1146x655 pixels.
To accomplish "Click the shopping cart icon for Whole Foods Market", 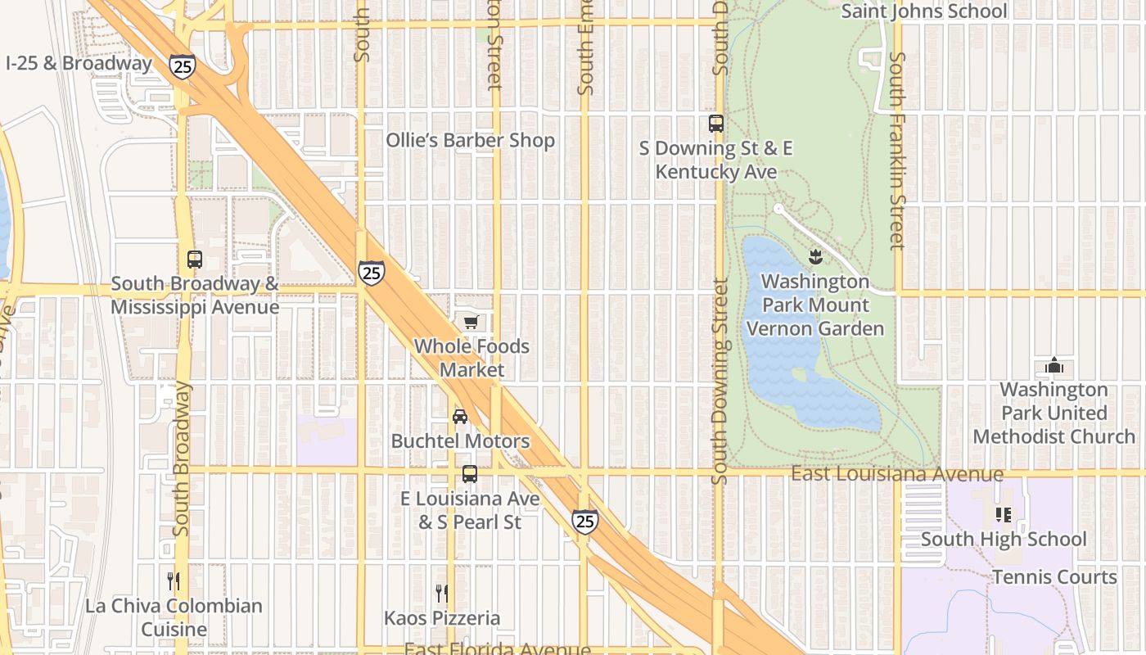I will (x=471, y=323).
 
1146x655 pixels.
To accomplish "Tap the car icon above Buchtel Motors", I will (x=460, y=417).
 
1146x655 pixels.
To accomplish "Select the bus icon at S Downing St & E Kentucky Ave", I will (x=716, y=124).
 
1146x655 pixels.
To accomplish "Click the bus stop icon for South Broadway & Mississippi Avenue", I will (x=195, y=260).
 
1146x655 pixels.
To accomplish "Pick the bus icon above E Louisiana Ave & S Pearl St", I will (x=470, y=474).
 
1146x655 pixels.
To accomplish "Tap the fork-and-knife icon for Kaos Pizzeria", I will (x=442, y=593).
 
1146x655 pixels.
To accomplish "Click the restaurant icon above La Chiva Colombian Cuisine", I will (x=174, y=581).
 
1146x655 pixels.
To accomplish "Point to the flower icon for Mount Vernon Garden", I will (x=815, y=257).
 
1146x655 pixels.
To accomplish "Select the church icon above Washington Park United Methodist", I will (x=1054, y=365).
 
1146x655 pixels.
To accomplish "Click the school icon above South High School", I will (x=1004, y=515).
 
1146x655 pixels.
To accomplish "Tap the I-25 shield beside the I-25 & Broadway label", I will (x=183, y=66).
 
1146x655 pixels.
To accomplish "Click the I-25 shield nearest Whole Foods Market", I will (x=372, y=273).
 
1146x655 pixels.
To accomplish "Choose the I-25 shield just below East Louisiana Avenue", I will (x=584, y=521).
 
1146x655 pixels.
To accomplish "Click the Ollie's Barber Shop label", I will (x=471, y=141).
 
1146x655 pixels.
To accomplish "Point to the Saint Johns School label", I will (x=924, y=11).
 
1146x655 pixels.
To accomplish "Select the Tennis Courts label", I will (x=1054, y=577).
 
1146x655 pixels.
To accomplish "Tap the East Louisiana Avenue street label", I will (x=897, y=475).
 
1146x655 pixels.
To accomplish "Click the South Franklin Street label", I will (x=898, y=151).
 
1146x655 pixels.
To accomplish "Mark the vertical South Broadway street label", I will (x=182, y=458).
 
